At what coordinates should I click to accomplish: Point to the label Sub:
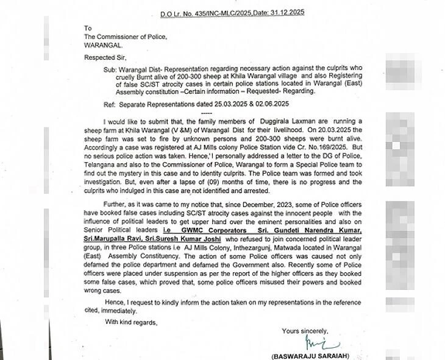109,70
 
